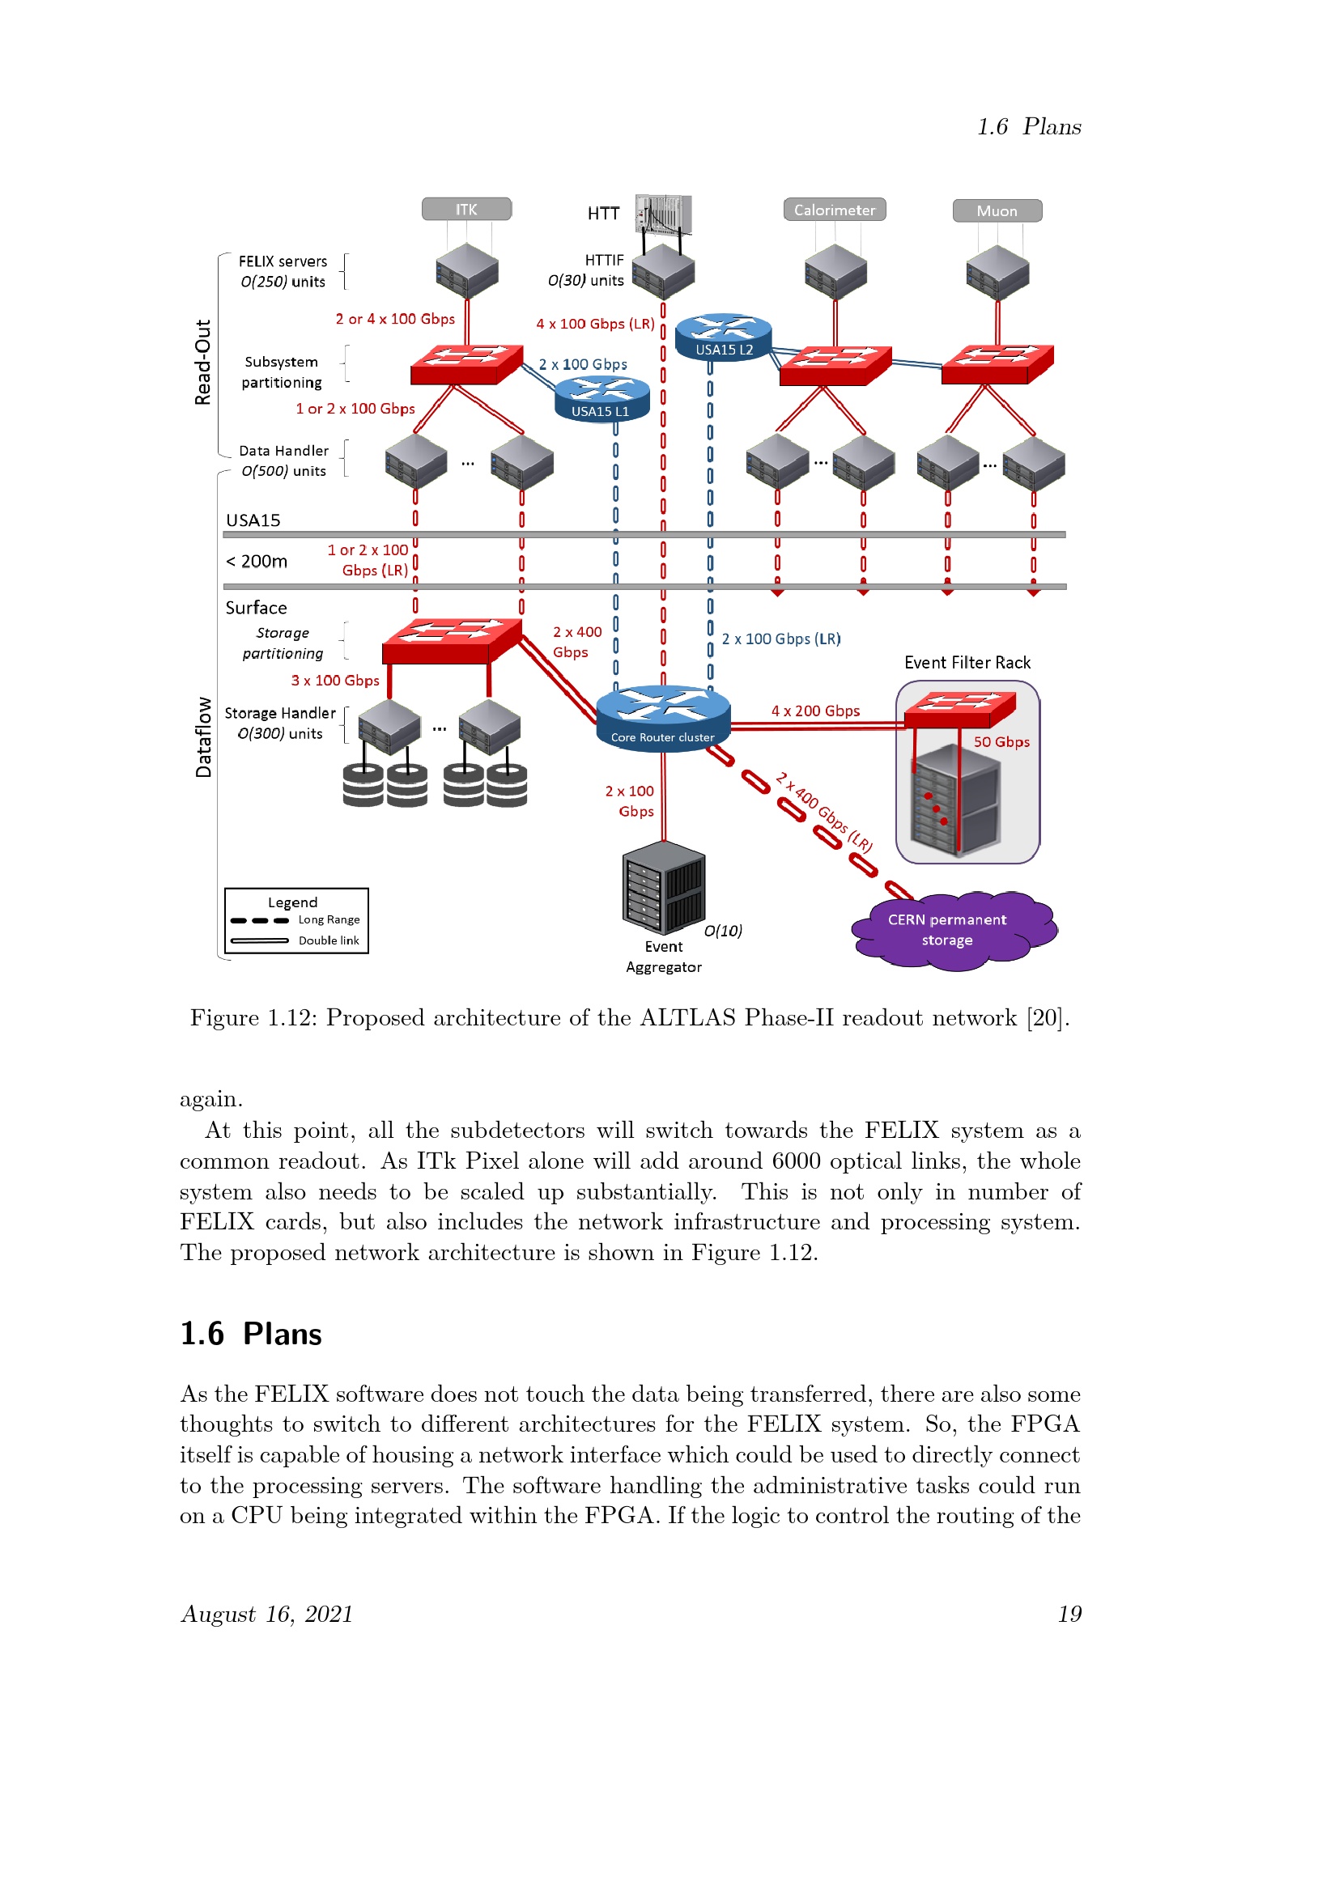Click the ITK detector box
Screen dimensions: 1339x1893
coord(466,210)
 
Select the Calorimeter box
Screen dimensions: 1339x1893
coord(835,210)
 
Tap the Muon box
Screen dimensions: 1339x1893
coord(997,211)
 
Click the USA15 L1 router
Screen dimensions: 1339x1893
coord(601,400)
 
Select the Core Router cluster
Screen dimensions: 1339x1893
coord(663,715)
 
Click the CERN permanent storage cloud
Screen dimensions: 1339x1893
coord(953,930)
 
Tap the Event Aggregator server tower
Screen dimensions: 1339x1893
coord(664,887)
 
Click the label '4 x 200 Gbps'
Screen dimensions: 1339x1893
coord(815,711)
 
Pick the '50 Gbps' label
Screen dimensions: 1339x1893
coord(1001,742)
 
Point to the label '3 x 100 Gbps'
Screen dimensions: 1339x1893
coord(335,680)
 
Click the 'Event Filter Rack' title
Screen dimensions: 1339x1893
coord(967,663)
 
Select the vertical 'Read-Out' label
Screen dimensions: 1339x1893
coord(203,362)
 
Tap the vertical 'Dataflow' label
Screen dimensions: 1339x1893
coord(203,737)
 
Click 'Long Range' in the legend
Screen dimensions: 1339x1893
coord(329,919)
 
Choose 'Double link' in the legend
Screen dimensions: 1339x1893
coord(329,940)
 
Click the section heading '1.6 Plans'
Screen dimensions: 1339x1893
coord(252,1334)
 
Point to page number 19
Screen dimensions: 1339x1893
coord(1069,1615)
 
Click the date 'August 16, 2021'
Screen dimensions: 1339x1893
coord(267,1615)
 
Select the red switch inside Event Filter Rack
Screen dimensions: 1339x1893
coord(960,709)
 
